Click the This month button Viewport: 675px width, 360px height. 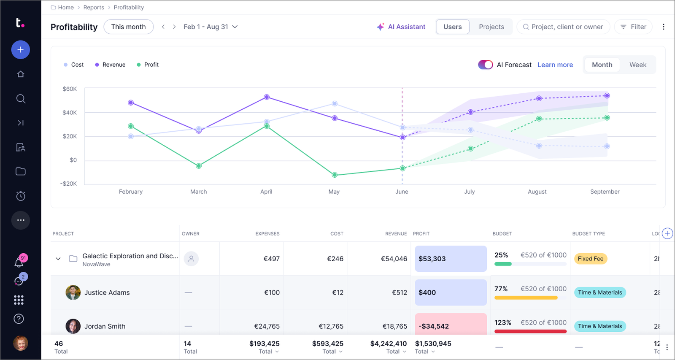coord(128,27)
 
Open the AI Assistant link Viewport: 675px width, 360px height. coord(401,27)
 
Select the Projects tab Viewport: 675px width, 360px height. coord(491,27)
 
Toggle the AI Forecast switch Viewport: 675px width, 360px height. coord(485,65)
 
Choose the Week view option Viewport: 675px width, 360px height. coord(637,65)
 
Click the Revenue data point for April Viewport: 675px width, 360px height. coord(267,97)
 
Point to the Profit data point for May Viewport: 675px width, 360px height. coord(335,175)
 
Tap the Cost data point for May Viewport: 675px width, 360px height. coord(335,104)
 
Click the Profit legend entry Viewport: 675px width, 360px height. coord(148,65)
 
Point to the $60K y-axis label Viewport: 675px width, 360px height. coord(70,89)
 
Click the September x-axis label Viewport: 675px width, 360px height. coord(605,192)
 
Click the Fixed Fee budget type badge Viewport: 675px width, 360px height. coord(591,259)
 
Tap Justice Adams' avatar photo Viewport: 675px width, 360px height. coord(73,292)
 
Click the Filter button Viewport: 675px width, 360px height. coord(633,27)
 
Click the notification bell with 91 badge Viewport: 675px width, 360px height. coord(19,262)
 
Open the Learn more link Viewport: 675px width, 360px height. coord(555,65)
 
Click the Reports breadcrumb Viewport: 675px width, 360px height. coord(94,7)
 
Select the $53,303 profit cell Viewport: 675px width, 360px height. coord(451,259)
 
